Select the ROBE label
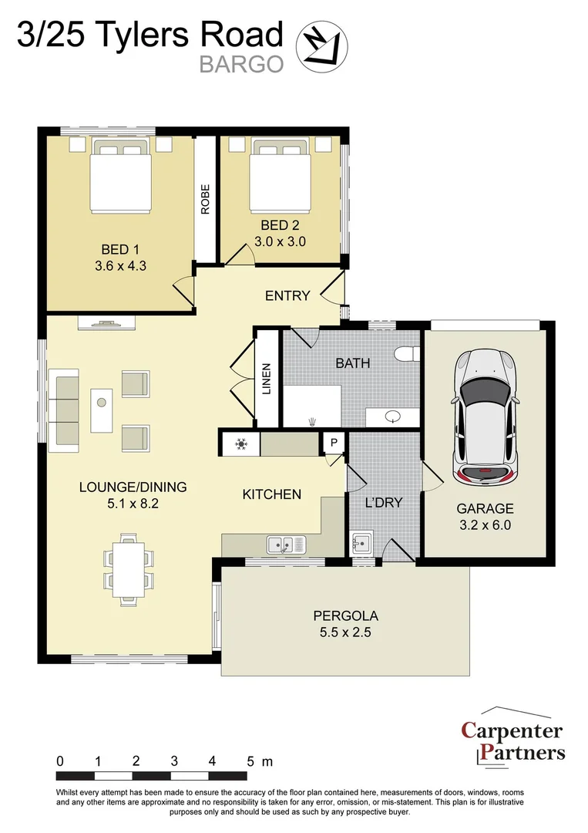pos(205,199)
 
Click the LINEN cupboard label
pos(267,379)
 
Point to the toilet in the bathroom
pos(408,354)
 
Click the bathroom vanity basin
pos(393,416)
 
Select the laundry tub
pos(361,543)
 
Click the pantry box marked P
pos(334,443)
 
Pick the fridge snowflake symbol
pos(241,444)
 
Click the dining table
pos(128,569)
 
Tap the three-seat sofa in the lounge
pos(63,410)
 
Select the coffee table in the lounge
pos(102,410)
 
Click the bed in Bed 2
pos(281,175)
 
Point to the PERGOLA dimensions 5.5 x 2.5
pos(345,632)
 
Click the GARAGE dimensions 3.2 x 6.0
pos(485,525)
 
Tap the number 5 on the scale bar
pos(250,760)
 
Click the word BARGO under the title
pos(241,64)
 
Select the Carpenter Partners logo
pos(512,737)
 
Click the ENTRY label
pos(287,295)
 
